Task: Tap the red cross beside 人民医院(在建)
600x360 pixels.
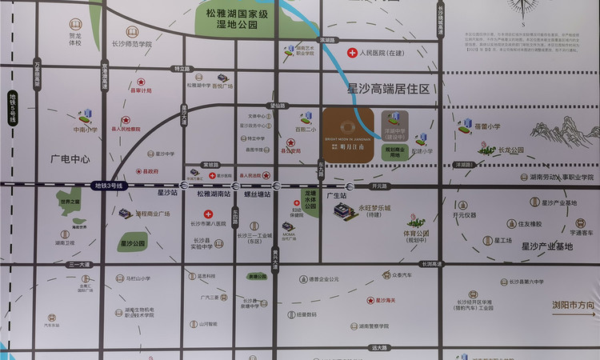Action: [352, 53]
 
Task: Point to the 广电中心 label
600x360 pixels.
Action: [70, 159]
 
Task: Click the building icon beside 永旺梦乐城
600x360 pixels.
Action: [345, 212]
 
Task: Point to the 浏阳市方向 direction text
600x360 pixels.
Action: [573, 305]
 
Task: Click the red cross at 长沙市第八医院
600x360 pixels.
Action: [208, 214]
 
